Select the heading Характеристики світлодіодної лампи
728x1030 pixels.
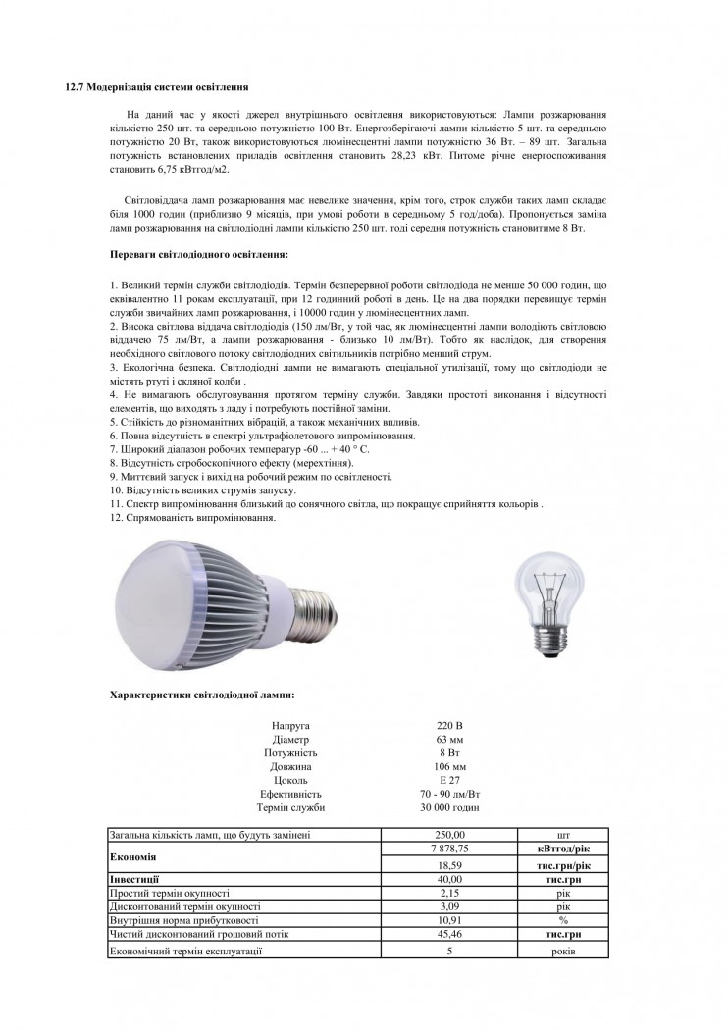coord(202,695)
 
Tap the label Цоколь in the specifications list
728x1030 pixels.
coord(290,780)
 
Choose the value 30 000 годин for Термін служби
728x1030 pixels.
coord(449,807)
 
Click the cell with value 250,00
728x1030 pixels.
coord(449,835)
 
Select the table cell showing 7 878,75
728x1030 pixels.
coord(449,849)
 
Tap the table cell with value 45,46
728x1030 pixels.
coord(449,936)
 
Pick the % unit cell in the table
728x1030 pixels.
coord(563,922)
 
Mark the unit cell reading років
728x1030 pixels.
coord(563,952)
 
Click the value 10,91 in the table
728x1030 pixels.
coord(449,922)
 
